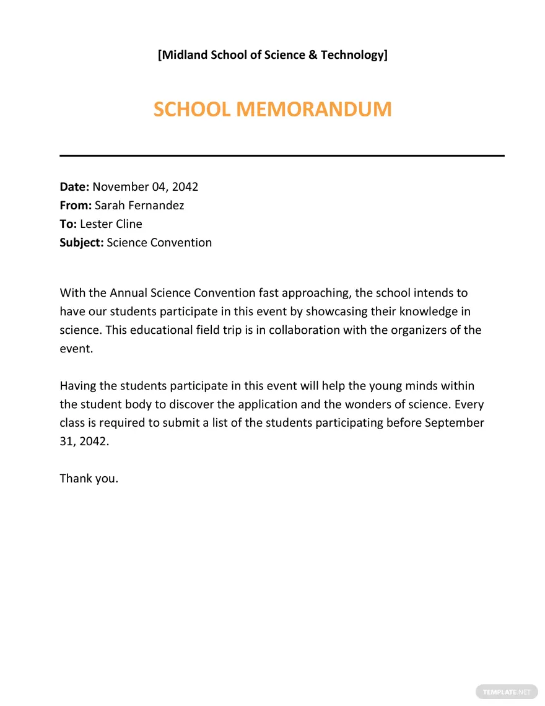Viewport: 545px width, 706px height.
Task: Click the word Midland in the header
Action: [x=185, y=55]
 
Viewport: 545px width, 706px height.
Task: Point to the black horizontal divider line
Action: [x=282, y=155]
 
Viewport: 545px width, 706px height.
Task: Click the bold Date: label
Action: [x=75, y=187]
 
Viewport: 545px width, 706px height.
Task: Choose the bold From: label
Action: [x=76, y=206]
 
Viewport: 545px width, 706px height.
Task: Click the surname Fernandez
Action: [x=157, y=206]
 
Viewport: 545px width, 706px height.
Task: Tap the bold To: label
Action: [x=68, y=224]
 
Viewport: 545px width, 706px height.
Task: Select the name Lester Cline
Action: [x=111, y=224]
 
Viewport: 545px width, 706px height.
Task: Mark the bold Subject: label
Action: [x=82, y=243]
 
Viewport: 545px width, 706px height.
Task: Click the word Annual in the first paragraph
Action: [x=128, y=293]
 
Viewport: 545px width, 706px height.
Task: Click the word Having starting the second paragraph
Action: [x=78, y=386]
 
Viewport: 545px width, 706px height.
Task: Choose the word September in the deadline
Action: [x=453, y=424]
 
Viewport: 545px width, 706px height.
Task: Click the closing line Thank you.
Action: [x=89, y=479]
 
